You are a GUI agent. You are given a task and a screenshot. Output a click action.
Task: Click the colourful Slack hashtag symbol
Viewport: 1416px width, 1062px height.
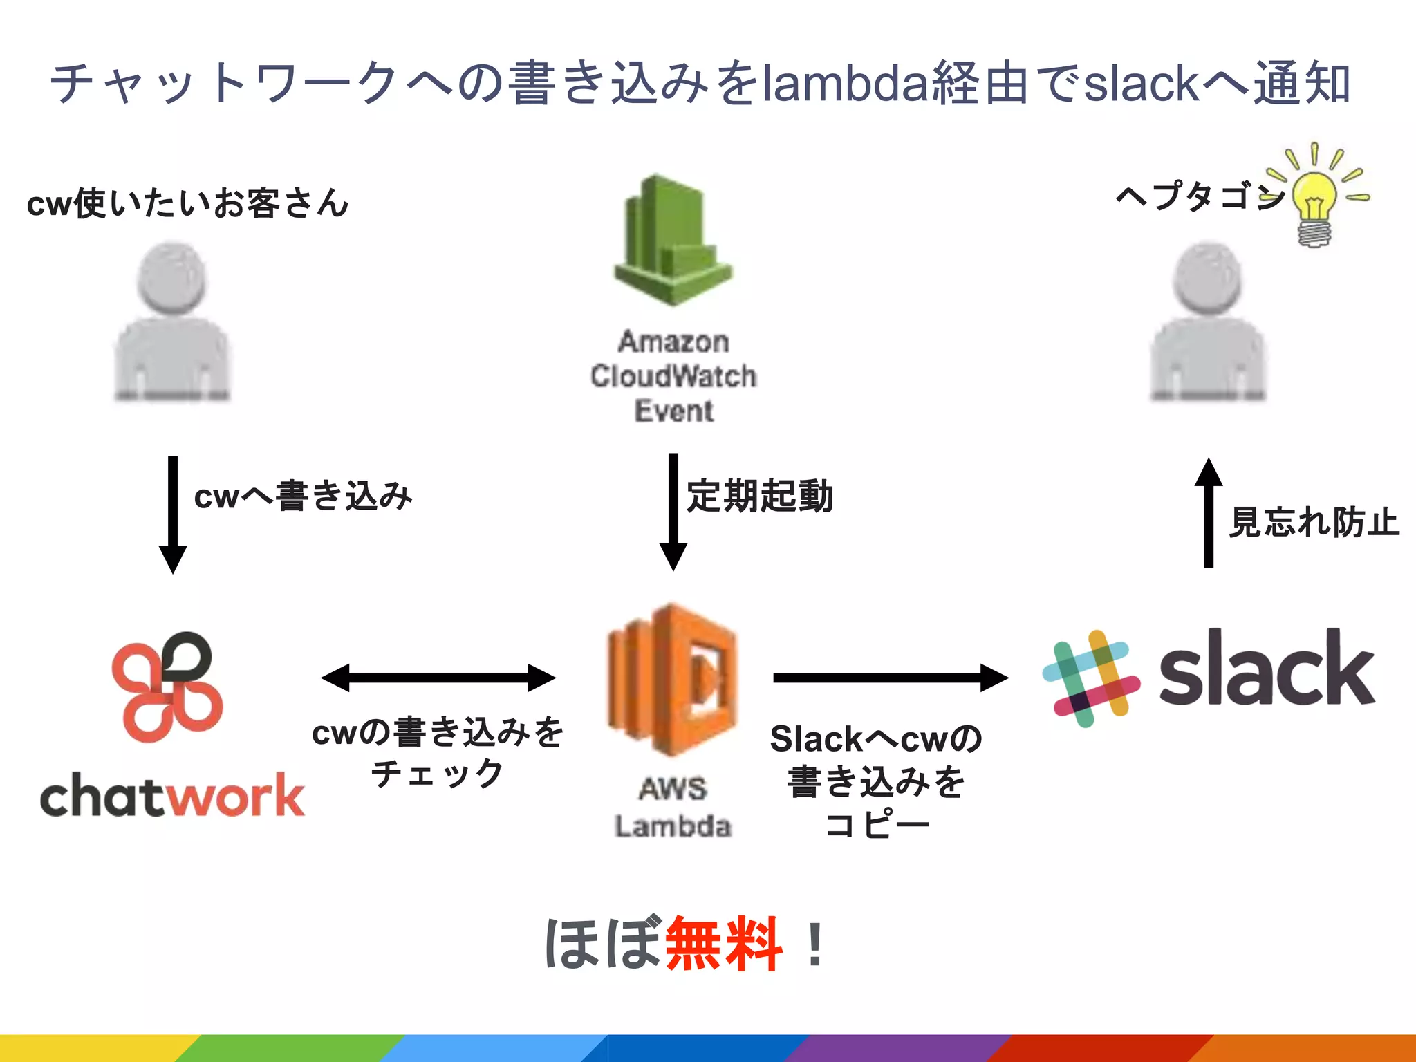pos(1091,678)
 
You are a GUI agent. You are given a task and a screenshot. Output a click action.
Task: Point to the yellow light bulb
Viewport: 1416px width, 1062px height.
pos(1315,201)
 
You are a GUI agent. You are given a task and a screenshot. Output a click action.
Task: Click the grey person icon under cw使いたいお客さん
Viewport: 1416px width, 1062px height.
pos(172,322)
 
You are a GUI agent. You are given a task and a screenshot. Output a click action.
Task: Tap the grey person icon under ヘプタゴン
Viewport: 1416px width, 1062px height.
pos(1208,322)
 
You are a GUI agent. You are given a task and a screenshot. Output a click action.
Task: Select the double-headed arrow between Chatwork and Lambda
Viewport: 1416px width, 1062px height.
pos(438,678)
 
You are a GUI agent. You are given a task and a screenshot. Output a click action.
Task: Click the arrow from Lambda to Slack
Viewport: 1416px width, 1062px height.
pos(891,678)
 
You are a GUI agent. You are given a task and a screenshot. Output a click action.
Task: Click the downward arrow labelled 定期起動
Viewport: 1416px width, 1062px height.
pos(673,512)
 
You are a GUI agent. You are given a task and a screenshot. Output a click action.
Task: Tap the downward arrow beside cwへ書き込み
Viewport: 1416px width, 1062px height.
pos(173,514)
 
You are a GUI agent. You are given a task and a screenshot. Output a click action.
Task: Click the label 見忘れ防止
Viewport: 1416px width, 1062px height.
pos(1314,523)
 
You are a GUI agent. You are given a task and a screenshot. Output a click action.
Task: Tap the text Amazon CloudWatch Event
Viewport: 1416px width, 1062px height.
pos(673,376)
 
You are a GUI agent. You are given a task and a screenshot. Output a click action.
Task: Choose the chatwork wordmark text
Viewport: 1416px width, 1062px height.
pos(172,796)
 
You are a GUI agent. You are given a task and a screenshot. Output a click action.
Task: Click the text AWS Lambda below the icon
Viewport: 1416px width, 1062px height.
pos(673,808)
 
